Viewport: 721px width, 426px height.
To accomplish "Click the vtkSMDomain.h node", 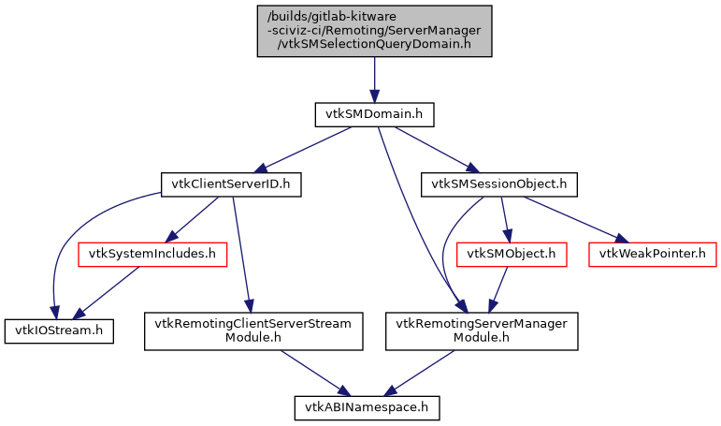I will tap(374, 114).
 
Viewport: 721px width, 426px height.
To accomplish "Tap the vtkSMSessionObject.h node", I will tap(498, 184).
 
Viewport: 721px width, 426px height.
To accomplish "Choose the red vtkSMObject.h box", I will tap(511, 253).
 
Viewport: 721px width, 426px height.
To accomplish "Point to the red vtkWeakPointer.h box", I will tap(653, 253).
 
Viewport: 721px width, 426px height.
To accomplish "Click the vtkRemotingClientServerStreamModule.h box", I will tap(253, 331).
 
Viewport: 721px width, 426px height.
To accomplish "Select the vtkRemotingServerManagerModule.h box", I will tap(483, 331).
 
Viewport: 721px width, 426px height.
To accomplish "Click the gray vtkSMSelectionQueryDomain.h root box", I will tap(374, 31).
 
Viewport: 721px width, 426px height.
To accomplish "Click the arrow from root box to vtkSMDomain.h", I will tap(374, 80).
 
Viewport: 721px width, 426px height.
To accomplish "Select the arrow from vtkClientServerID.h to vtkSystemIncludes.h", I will tap(195, 218).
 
